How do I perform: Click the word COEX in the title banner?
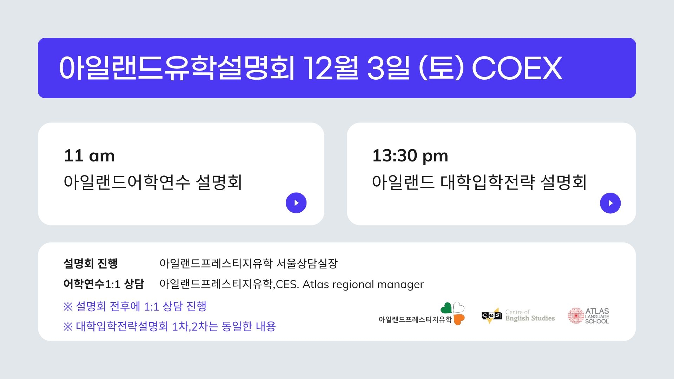tap(517, 68)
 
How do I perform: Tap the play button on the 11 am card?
tap(296, 203)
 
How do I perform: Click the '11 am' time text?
tap(89, 155)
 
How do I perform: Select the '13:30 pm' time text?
tap(410, 156)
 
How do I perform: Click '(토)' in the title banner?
tap(441, 68)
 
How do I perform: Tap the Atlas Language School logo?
tap(588, 316)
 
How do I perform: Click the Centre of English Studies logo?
tap(518, 315)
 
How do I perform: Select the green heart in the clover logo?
tap(446, 308)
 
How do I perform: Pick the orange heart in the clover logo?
tap(459, 319)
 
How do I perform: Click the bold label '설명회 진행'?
tap(91, 263)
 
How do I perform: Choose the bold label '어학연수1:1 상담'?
tap(104, 284)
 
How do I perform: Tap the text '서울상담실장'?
tap(307, 263)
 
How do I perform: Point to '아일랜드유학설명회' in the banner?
tap(177, 68)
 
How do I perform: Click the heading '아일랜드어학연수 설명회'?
tap(153, 182)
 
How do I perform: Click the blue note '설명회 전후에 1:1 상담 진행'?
tap(141, 306)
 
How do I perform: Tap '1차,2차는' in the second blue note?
tap(194, 326)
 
